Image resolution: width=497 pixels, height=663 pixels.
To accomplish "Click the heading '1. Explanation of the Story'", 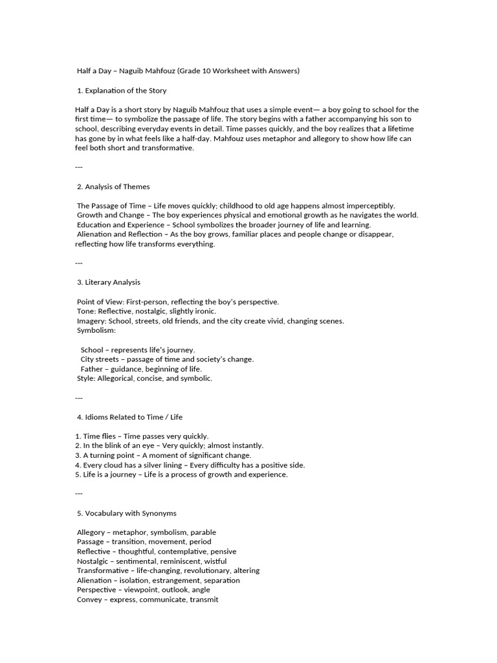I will click(x=122, y=90).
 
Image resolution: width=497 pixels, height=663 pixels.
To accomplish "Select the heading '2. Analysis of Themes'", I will click(x=113, y=186).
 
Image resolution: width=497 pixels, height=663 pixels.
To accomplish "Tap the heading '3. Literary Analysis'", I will click(x=108, y=282).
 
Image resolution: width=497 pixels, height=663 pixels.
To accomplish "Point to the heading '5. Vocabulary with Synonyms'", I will click(x=126, y=513).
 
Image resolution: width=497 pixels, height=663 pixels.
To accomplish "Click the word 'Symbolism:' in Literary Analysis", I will click(x=96, y=330).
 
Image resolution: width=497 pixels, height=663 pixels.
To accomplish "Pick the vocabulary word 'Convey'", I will click(x=90, y=600).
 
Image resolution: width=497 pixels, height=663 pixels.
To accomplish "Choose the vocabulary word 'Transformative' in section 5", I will click(x=102, y=570).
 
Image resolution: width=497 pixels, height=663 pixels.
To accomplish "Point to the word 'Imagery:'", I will click(x=91, y=320).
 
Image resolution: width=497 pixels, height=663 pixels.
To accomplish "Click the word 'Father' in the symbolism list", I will click(x=92, y=368).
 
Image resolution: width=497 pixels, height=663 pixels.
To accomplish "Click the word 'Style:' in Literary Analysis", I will click(x=87, y=378).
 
